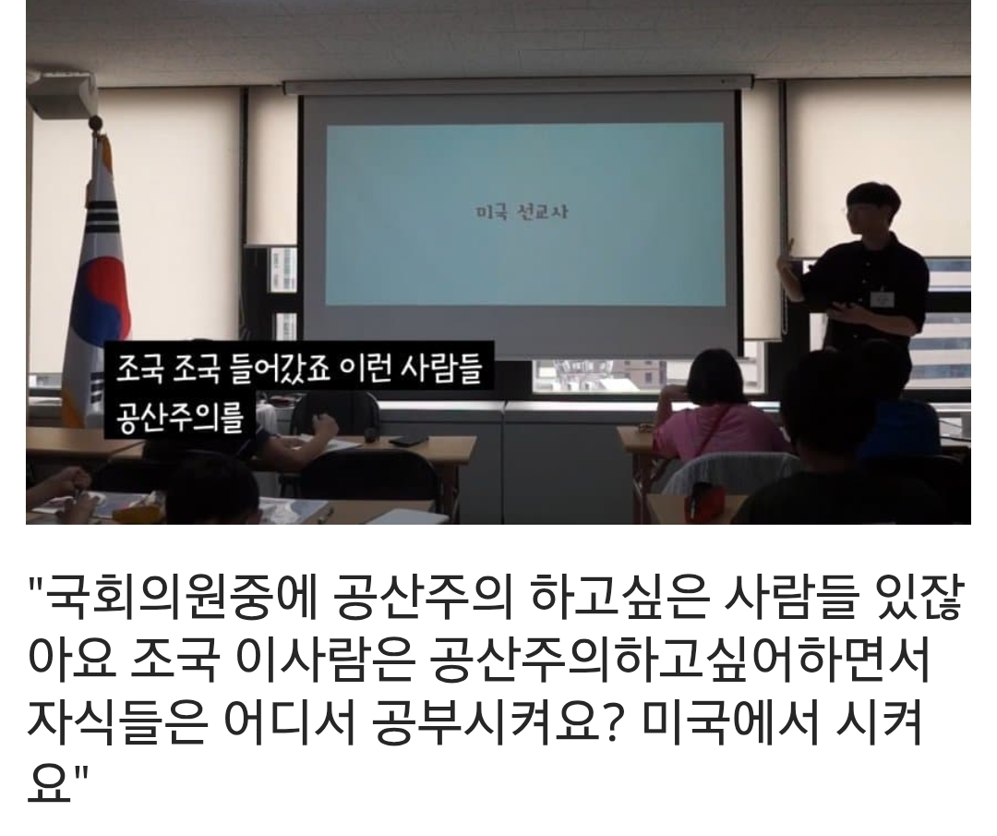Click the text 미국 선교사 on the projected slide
pos(522,212)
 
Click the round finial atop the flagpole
pos(96,122)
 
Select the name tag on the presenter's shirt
pos(884,298)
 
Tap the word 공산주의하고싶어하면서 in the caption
pos(679,661)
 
